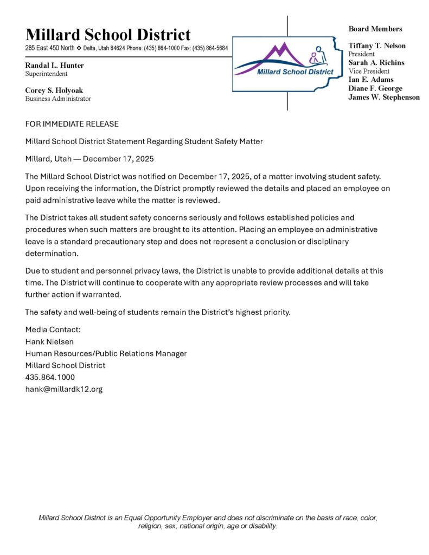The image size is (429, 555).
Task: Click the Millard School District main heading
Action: tap(108, 35)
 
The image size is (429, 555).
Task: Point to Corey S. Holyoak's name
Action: tap(54, 91)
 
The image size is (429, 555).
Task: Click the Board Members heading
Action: tap(375, 29)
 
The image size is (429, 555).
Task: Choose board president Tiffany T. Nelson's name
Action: tap(377, 46)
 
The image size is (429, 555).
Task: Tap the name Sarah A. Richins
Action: tap(376, 63)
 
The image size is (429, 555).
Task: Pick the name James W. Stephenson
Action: tap(384, 97)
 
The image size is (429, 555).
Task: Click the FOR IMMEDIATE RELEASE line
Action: tap(72, 124)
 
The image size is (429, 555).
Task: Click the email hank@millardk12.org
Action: tap(64, 389)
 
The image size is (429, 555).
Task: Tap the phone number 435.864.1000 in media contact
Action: tap(50, 377)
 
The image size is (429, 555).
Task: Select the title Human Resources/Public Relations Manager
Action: tap(106, 353)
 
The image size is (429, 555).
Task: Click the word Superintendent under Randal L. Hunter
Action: tap(47, 74)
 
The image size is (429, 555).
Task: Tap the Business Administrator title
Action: tap(58, 99)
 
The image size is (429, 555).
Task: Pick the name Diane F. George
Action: tap(375, 88)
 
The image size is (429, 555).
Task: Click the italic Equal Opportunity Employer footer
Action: tap(208, 522)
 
